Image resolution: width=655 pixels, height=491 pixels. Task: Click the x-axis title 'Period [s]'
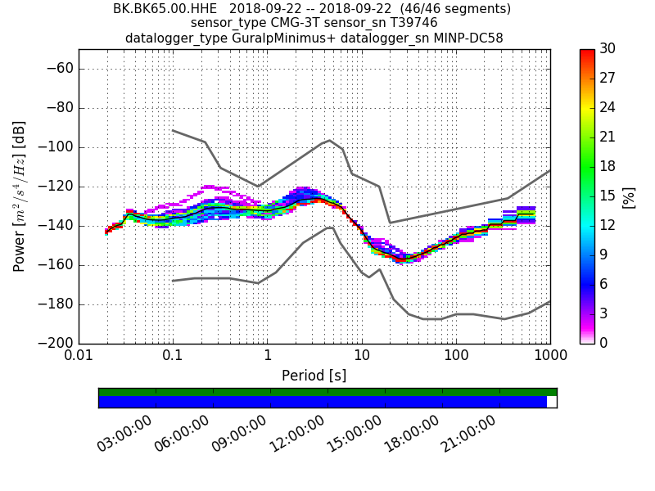point(314,376)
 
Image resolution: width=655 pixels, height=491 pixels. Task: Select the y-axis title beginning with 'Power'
point(20,196)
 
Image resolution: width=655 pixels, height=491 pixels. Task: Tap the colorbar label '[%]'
point(628,196)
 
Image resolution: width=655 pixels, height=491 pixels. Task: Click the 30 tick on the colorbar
point(608,49)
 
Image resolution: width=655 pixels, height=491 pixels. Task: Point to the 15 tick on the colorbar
point(608,196)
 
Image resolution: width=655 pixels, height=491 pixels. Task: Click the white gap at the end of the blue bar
point(551,402)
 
